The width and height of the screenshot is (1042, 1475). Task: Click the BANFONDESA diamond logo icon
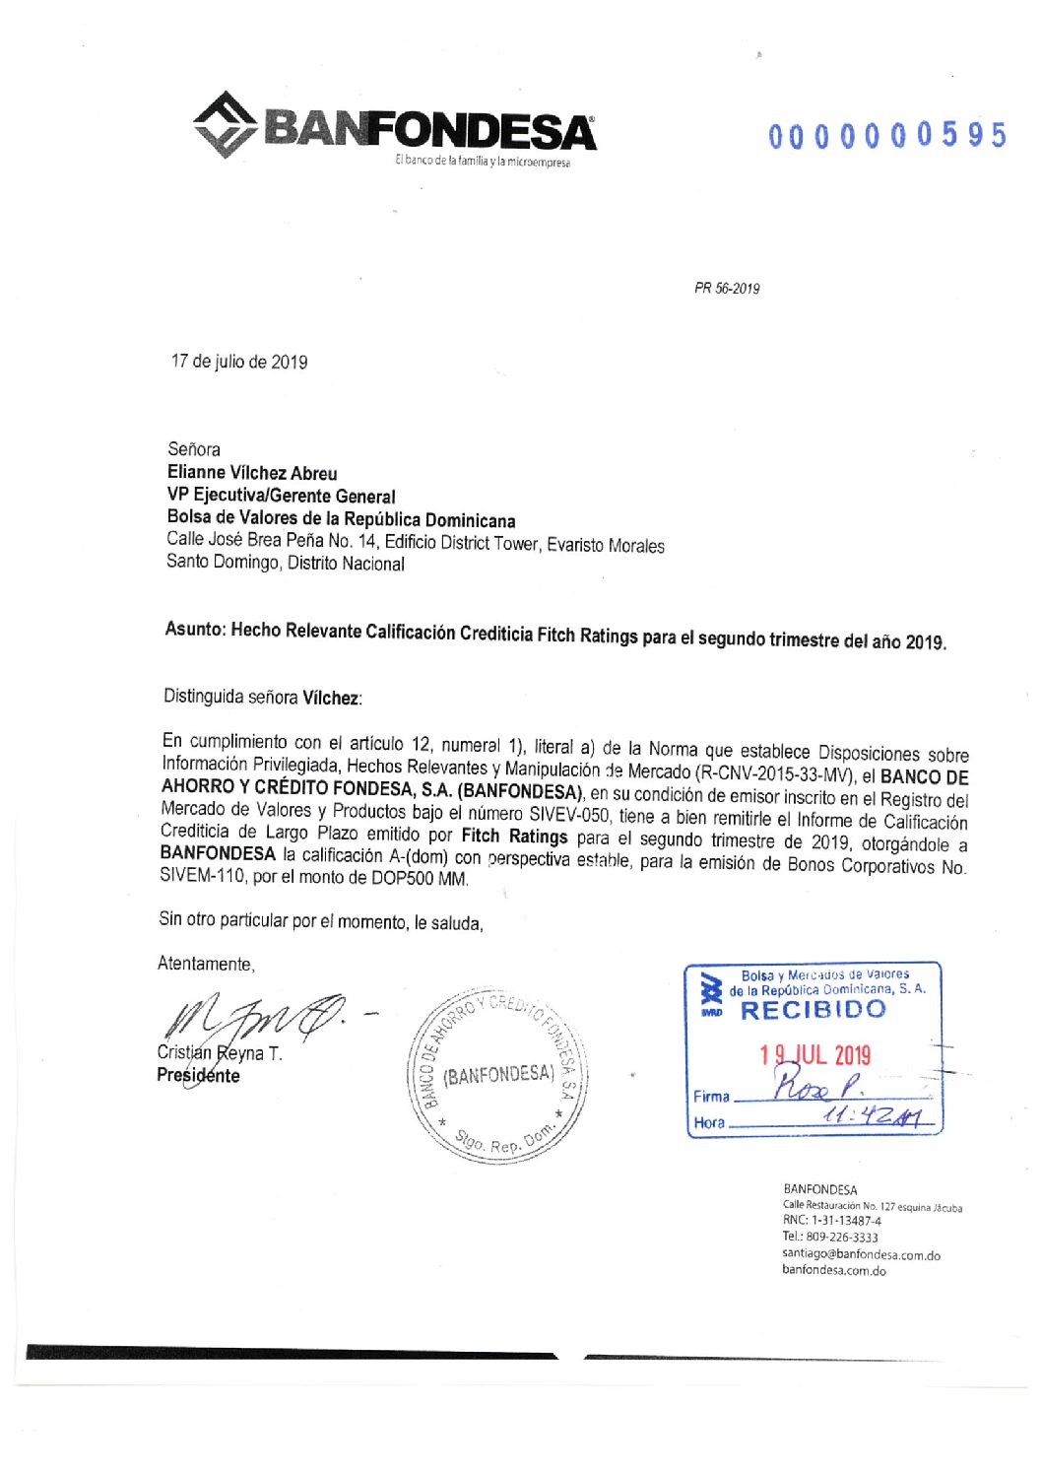pos(226,124)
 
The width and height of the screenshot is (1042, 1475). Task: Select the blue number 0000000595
pos(886,135)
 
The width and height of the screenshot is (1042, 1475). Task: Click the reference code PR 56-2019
pos(727,289)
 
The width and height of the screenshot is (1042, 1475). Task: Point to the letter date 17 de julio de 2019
pos(239,362)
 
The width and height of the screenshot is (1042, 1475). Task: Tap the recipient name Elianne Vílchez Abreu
pos(252,473)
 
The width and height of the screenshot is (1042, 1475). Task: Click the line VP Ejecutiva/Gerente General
pos(281,496)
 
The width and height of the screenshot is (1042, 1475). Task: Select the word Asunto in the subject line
pos(194,629)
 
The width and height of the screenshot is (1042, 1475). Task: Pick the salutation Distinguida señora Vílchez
pos(262,697)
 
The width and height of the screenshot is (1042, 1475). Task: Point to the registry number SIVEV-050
pos(570,816)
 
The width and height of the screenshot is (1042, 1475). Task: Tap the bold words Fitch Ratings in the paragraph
pos(514,837)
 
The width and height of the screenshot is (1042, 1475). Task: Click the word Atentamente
pos(206,964)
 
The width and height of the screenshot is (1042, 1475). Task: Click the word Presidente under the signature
pos(198,1076)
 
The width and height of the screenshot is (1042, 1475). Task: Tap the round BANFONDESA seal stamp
pos(497,1075)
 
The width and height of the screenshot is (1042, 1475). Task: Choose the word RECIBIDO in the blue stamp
pos(813,1010)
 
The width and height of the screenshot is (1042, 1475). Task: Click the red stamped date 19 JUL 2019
pos(814,1055)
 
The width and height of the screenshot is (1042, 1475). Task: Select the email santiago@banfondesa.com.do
pos(861,1255)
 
